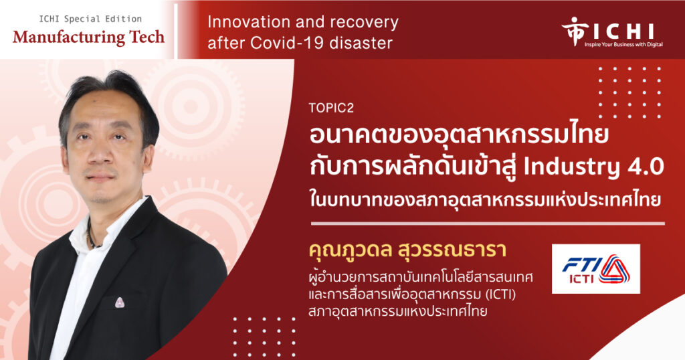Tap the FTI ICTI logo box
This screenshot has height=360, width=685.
[596, 269]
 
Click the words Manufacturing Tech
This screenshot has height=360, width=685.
[89, 37]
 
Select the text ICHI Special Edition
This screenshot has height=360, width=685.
[90, 19]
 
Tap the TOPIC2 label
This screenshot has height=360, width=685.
[330, 108]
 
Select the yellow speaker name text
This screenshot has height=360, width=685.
[407, 250]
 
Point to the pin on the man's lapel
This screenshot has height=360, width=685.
[119, 302]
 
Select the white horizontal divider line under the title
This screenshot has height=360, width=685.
[488, 223]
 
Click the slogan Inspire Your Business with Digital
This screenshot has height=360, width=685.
[624, 45]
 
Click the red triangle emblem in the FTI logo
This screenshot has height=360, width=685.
[614, 269]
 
